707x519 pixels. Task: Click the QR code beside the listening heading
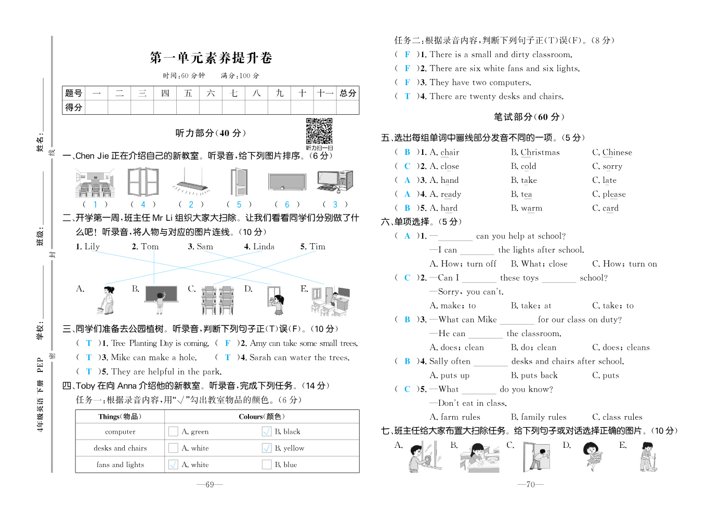tap(319, 131)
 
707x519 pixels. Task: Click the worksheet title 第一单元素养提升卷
tap(211, 58)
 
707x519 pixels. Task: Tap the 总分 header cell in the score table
tap(348, 93)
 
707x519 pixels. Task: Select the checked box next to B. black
tap(267, 431)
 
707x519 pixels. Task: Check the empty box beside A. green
tap(173, 431)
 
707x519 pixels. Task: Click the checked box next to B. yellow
tap(267, 448)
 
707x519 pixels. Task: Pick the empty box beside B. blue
tap(267, 464)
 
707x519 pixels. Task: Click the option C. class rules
tap(617, 417)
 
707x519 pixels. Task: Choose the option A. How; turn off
tap(463, 264)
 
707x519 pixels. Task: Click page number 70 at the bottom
tap(530, 485)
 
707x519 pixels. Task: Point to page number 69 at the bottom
tap(210, 485)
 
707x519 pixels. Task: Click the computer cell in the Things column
tap(120, 431)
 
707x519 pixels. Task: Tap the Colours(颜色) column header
tap(261, 417)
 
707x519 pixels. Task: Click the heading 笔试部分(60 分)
tap(529, 117)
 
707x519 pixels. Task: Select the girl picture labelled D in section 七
tap(592, 456)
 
